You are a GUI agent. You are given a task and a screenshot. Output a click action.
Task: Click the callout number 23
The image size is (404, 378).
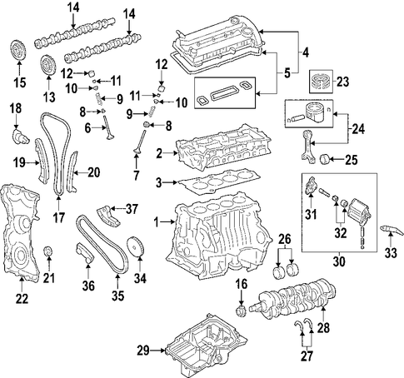pos(343,82)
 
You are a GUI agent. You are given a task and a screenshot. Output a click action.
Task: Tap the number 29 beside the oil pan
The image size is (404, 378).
pos(143,351)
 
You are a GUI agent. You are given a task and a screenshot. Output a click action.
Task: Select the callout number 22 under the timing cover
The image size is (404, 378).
pos(22,298)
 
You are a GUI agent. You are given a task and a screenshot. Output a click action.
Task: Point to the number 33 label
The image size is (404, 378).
pos(391,252)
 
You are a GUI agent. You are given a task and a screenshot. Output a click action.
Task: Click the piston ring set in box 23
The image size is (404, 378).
pos(322,82)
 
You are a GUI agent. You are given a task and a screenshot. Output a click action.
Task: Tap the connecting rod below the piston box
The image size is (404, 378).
pos(307,146)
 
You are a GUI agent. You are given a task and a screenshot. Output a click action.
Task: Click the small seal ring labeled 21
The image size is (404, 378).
pos(49,251)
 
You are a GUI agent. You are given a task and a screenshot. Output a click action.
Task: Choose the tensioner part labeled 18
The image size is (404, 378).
pos(21,137)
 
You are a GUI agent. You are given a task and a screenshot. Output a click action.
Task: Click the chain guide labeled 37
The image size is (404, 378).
pos(108,215)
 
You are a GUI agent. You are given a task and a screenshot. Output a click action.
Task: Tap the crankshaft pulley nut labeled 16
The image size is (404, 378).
pos(240,311)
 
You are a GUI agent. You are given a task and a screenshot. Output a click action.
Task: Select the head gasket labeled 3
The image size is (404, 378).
pos(219,181)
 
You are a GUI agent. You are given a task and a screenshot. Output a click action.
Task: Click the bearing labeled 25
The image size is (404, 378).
pos(324,160)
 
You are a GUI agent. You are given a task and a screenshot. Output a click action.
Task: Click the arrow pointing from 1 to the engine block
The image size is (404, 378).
pos(168,222)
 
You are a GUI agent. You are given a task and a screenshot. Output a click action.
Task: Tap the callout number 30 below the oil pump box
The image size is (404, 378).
pos(339,261)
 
